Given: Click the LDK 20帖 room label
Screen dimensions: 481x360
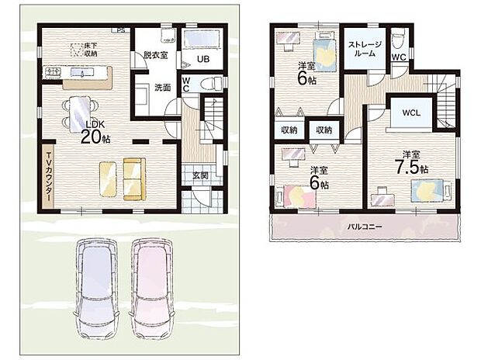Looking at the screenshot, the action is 95,132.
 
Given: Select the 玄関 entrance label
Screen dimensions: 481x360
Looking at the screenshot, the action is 201,175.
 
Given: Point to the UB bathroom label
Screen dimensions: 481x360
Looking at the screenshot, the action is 203,59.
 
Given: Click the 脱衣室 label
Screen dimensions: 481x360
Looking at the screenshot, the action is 156,55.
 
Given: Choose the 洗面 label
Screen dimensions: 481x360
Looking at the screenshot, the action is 162,88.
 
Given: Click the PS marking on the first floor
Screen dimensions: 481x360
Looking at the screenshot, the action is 121,30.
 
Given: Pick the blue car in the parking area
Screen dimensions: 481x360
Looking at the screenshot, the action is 96,288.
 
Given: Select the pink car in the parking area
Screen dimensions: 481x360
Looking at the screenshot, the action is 151,288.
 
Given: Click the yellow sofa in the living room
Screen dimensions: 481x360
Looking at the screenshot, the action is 134,179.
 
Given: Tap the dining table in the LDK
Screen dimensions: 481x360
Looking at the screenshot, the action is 80,114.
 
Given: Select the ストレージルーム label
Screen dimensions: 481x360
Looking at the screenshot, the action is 365,49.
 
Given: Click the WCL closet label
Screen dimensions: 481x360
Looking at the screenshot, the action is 411,112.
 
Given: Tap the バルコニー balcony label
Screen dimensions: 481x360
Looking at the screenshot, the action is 365,227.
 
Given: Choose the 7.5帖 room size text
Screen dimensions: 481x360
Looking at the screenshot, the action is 411,168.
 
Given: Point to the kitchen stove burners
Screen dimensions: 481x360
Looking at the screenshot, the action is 54,72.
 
